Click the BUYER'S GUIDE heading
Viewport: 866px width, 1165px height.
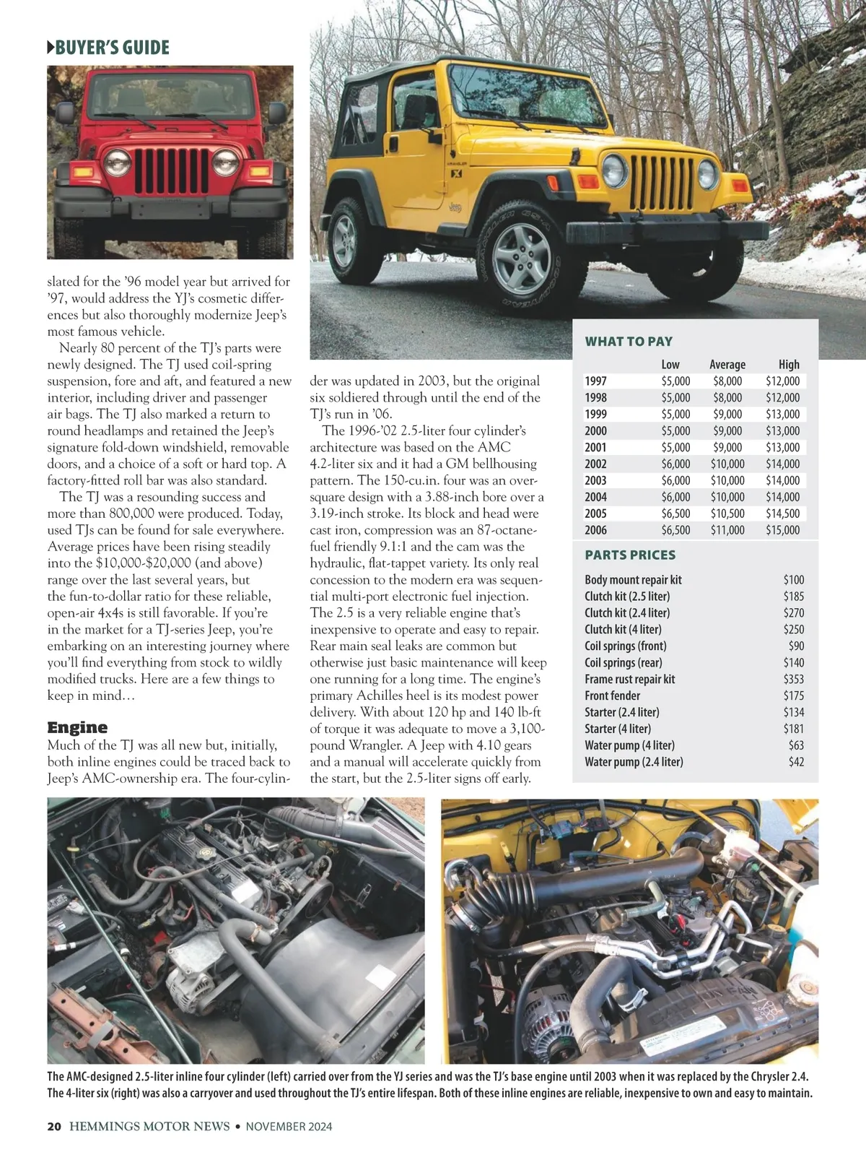(x=108, y=48)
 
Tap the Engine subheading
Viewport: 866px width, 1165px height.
(x=77, y=727)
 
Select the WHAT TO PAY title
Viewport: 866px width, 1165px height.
(x=628, y=342)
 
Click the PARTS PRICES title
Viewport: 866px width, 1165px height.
(x=630, y=555)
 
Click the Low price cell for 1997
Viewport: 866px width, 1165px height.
(x=675, y=381)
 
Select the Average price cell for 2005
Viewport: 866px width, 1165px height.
(x=727, y=514)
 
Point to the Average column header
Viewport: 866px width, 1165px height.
(x=727, y=365)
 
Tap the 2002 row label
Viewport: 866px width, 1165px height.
(x=595, y=464)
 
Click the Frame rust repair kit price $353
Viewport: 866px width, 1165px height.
(x=793, y=679)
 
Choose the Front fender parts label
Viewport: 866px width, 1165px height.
(x=612, y=696)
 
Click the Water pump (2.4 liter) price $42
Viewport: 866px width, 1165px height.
(x=796, y=762)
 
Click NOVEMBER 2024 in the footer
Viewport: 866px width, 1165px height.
(x=289, y=1127)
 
